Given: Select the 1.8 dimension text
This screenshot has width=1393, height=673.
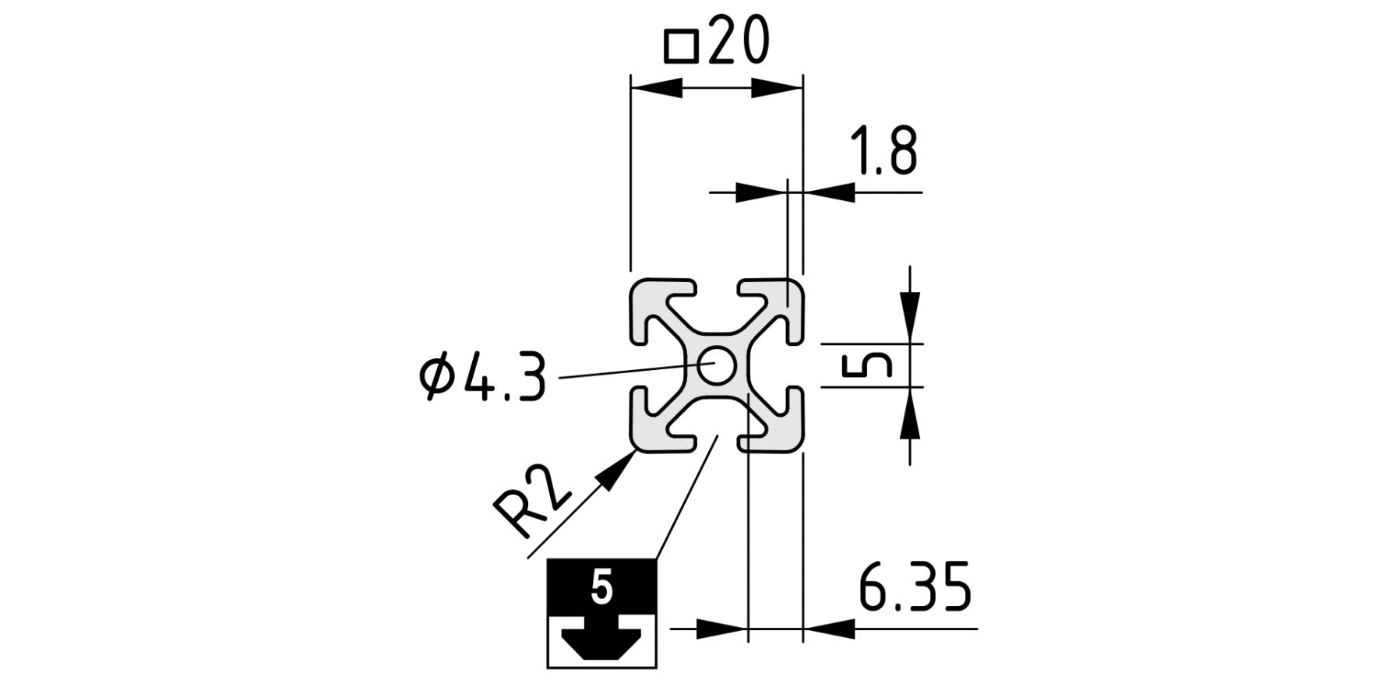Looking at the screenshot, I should [x=883, y=152].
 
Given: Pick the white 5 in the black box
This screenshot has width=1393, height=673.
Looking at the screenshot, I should [x=601, y=587].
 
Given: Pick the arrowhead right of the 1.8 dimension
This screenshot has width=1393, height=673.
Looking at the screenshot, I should [x=828, y=192].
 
